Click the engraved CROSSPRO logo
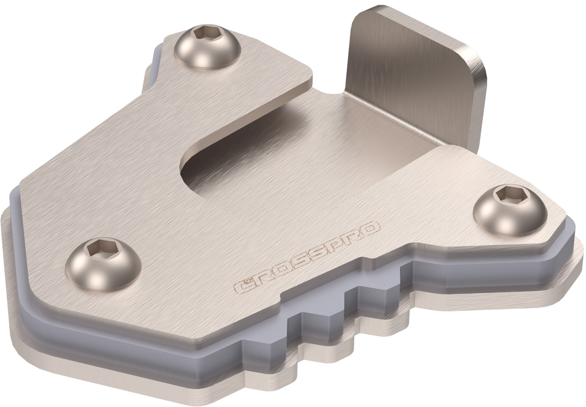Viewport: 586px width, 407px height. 307,256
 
